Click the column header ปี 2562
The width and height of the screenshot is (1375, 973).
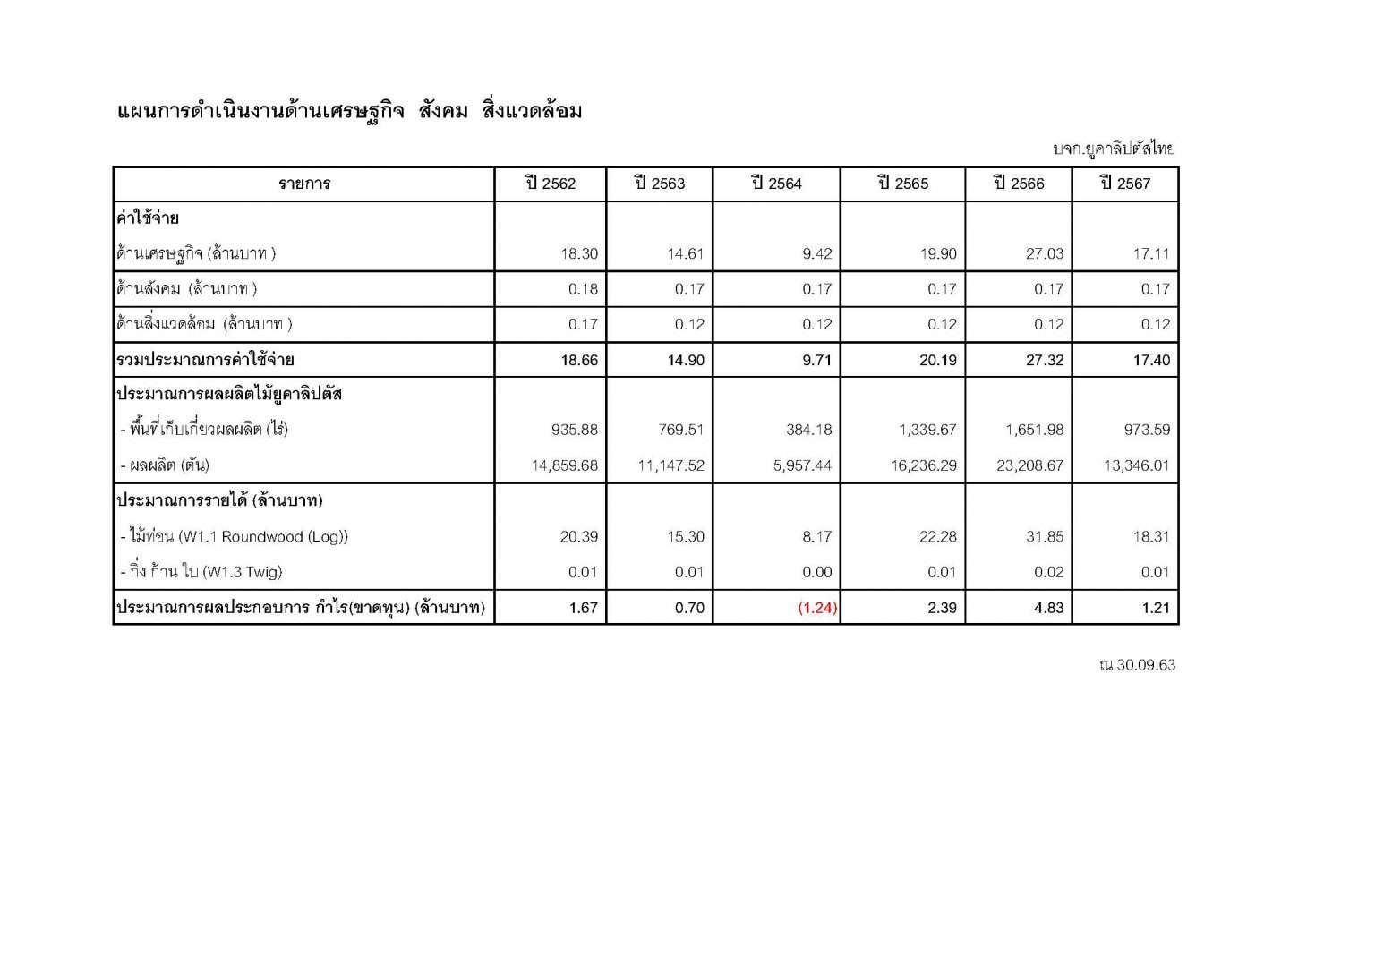pyautogui.click(x=551, y=184)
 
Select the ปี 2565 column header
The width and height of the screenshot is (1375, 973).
pyautogui.click(x=903, y=184)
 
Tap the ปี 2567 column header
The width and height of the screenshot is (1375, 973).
pyautogui.click(x=1125, y=184)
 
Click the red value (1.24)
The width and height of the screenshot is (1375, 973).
pyautogui.click(x=817, y=608)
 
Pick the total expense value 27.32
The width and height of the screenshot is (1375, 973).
pyautogui.click(x=1045, y=361)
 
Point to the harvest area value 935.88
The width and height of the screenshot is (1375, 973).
pyautogui.click(x=575, y=430)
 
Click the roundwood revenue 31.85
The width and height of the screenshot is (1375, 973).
pyautogui.click(x=1045, y=537)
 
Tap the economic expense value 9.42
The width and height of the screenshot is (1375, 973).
pyautogui.click(x=817, y=254)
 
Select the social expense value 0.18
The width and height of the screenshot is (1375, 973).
pyautogui.click(x=583, y=289)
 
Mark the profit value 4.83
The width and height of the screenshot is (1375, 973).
pyautogui.click(x=1048, y=608)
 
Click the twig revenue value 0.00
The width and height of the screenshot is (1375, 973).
pyautogui.click(x=817, y=572)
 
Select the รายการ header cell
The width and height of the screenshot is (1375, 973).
pyautogui.click(x=304, y=184)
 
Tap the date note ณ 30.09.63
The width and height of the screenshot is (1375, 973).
pyautogui.click(x=1137, y=665)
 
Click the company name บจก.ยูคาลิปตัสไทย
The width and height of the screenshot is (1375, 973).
pyautogui.click(x=1114, y=149)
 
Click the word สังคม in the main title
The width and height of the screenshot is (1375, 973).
pyautogui.click(x=443, y=111)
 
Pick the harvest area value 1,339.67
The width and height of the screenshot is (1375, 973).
pyautogui.click(x=927, y=430)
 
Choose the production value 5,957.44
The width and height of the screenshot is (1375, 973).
pyautogui.click(x=802, y=465)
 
